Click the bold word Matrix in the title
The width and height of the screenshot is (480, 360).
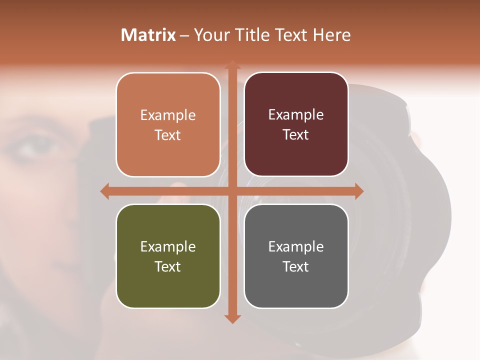coord(148,35)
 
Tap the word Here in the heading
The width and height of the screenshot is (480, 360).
coord(331,35)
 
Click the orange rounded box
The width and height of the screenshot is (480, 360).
coord(168,124)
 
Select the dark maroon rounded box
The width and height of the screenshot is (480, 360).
coord(296,124)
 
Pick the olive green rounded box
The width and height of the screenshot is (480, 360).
coord(168,256)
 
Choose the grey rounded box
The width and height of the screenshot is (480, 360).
coord(296,256)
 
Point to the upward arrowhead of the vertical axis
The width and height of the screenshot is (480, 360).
coord(232,65)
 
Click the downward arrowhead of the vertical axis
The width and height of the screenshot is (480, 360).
coord(232,318)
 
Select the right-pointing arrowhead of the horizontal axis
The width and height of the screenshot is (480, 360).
coord(358,191)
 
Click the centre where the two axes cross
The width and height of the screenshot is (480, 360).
coord(232,191)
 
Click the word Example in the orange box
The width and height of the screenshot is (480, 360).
coord(168,115)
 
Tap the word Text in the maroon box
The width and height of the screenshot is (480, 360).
coord(296,135)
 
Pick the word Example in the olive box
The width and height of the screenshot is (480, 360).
coord(168,247)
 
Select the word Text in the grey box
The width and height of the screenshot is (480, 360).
coord(296,266)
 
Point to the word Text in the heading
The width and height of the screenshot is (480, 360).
coord(291,35)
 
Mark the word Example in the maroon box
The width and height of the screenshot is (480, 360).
coord(296,115)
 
